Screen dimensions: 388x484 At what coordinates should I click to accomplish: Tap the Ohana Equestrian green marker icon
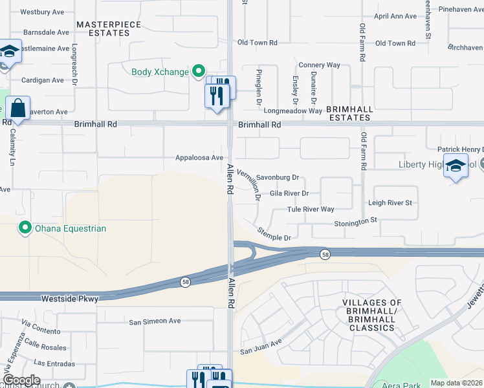point(25,228)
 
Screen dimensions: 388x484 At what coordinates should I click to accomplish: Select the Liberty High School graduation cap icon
point(456,166)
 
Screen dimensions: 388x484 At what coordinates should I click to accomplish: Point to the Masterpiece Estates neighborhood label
point(109,28)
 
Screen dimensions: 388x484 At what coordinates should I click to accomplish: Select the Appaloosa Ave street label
point(199,157)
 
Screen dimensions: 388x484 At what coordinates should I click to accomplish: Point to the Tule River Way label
point(311,210)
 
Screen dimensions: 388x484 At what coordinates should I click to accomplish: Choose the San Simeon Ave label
point(155,321)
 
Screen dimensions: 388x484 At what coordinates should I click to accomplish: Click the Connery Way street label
point(319,65)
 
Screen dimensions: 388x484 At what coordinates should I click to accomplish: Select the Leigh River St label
point(390,203)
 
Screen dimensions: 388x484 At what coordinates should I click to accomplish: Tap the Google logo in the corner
point(21,380)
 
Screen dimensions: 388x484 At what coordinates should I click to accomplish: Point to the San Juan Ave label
point(261,347)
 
